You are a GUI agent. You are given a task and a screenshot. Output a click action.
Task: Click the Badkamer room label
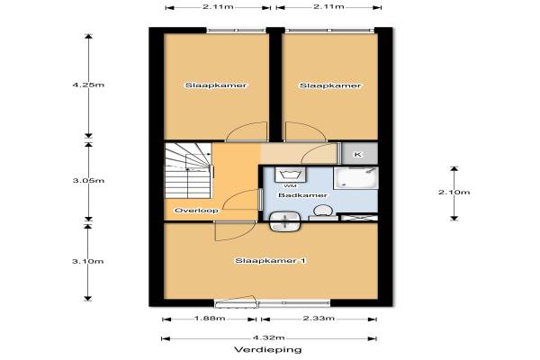coord(302,195)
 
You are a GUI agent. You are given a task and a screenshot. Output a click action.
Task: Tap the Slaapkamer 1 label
coord(270,261)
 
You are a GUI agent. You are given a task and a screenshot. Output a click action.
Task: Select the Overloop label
coord(196,211)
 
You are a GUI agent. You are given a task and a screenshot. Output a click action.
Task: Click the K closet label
coord(358,154)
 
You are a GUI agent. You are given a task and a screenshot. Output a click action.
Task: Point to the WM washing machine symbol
coord(290,175)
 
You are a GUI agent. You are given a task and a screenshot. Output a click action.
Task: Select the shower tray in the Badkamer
coord(355,178)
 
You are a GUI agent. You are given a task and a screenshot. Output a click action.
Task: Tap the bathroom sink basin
coord(284,221)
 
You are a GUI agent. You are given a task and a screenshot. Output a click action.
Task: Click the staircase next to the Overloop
coord(188,170)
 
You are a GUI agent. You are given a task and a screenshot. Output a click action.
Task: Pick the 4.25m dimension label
coord(88,85)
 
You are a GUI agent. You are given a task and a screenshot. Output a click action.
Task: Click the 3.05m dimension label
coord(88,181)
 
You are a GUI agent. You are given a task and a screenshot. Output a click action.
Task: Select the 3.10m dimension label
coord(88,262)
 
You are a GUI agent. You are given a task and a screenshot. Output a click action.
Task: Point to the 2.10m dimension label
coord(454,193)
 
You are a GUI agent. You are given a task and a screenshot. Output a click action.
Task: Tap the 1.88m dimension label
coord(210,319)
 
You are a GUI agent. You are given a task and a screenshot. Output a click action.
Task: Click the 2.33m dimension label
coord(319,319)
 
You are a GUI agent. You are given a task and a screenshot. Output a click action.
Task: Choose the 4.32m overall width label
coord(269,337)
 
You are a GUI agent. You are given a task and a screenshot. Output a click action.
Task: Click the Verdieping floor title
coord(268,350)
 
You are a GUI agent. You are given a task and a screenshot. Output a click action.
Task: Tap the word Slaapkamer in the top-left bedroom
coord(216,85)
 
